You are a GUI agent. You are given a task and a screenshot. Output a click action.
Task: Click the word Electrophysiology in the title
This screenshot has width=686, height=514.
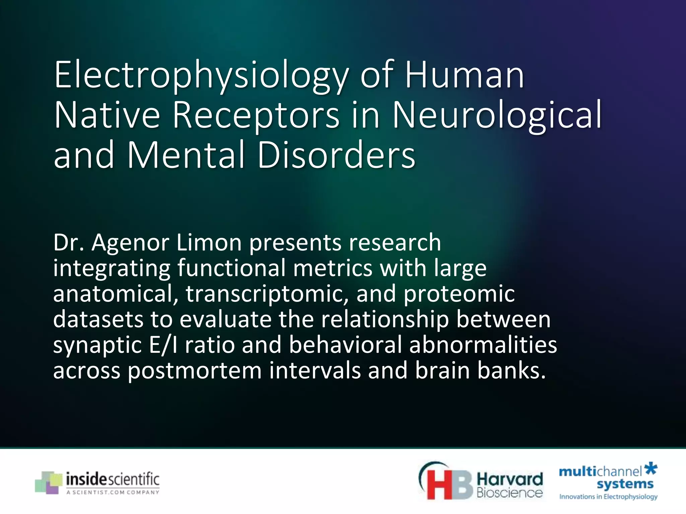pyautogui.click(x=201, y=75)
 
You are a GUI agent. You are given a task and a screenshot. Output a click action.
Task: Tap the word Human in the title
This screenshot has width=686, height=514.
pyautogui.click(x=465, y=75)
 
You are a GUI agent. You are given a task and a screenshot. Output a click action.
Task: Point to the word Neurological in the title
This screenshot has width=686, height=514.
pyautogui.click(x=497, y=115)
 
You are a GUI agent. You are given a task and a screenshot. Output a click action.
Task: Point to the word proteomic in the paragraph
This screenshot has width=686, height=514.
pyautogui.click(x=459, y=293)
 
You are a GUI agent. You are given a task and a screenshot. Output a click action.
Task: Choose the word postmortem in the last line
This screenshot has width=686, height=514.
pyautogui.click(x=195, y=371)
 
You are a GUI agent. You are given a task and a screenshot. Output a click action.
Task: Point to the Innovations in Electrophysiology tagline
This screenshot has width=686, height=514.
pyautogui.click(x=608, y=497)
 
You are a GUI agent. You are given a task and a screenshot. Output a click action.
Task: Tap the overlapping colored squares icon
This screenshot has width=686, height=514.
pyautogui.click(x=49, y=482)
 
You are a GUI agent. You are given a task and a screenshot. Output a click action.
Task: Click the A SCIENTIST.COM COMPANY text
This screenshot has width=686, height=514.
pyautogui.click(x=113, y=492)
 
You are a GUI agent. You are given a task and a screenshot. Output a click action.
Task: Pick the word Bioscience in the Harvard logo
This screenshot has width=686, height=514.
pyautogui.click(x=509, y=493)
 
